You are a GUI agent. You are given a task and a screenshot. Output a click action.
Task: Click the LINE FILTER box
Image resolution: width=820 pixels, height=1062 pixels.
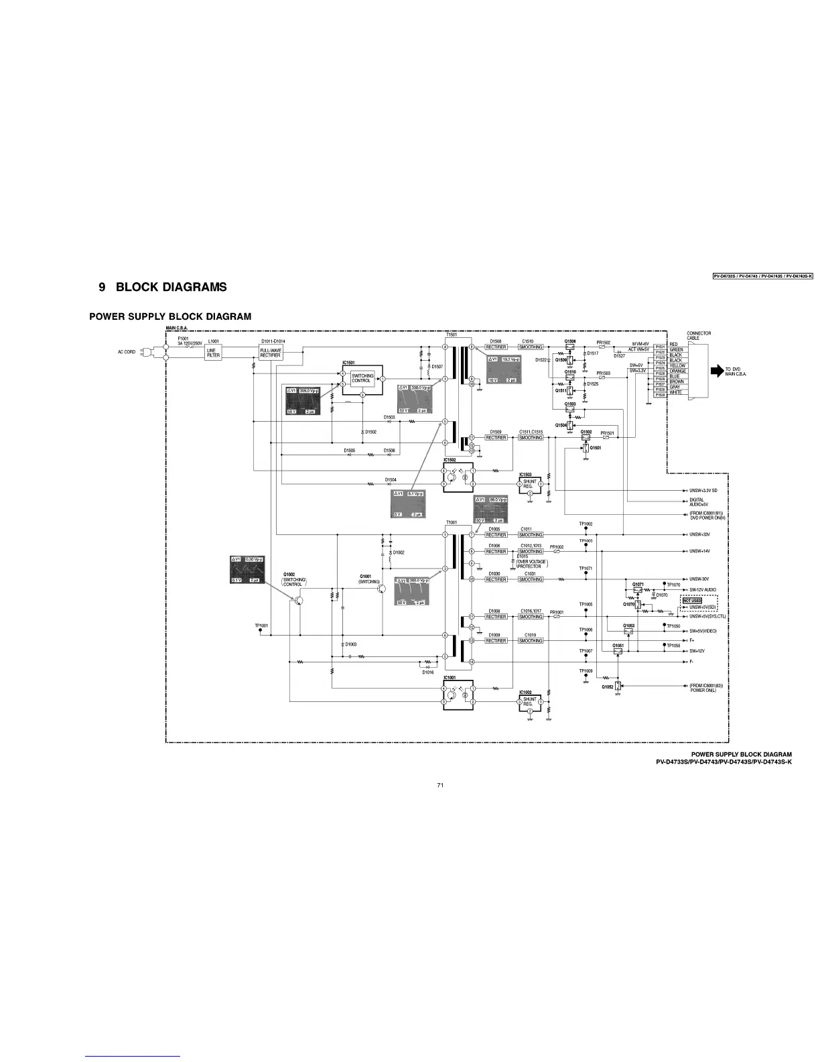(213, 353)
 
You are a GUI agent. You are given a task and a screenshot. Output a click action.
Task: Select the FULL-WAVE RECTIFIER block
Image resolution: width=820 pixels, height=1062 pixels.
(270, 353)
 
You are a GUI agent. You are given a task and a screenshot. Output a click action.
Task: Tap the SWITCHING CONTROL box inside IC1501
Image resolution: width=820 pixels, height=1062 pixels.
(362, 379)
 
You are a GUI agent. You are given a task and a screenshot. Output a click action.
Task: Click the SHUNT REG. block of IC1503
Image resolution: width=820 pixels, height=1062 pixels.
(530, 483)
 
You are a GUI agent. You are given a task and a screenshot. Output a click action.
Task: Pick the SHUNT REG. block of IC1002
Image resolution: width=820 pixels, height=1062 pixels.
(530, 701)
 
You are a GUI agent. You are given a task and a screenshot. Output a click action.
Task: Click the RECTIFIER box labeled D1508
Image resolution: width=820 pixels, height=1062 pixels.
(496, 347)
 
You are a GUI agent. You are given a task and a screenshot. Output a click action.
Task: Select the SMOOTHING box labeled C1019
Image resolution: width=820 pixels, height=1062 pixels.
(531, 641)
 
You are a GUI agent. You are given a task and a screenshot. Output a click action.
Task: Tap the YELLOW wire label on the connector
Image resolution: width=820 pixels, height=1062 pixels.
(677, 366)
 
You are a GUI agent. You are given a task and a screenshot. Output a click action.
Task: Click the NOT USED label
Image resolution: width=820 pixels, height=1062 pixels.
(692, 600)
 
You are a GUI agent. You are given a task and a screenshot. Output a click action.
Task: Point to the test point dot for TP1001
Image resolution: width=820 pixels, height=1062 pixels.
(261, 630)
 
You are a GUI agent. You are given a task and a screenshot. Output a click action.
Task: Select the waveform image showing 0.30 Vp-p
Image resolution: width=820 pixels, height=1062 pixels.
(247, 569)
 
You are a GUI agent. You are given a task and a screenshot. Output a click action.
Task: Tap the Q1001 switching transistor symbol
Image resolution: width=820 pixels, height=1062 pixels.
(381, 588)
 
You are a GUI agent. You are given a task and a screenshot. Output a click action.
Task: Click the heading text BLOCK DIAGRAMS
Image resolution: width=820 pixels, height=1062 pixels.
(171, 288)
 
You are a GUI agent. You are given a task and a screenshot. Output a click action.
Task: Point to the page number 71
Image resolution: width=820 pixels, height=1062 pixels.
(440, 785)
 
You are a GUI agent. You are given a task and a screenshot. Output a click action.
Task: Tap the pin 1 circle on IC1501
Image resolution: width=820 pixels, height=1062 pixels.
(383, 379)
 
